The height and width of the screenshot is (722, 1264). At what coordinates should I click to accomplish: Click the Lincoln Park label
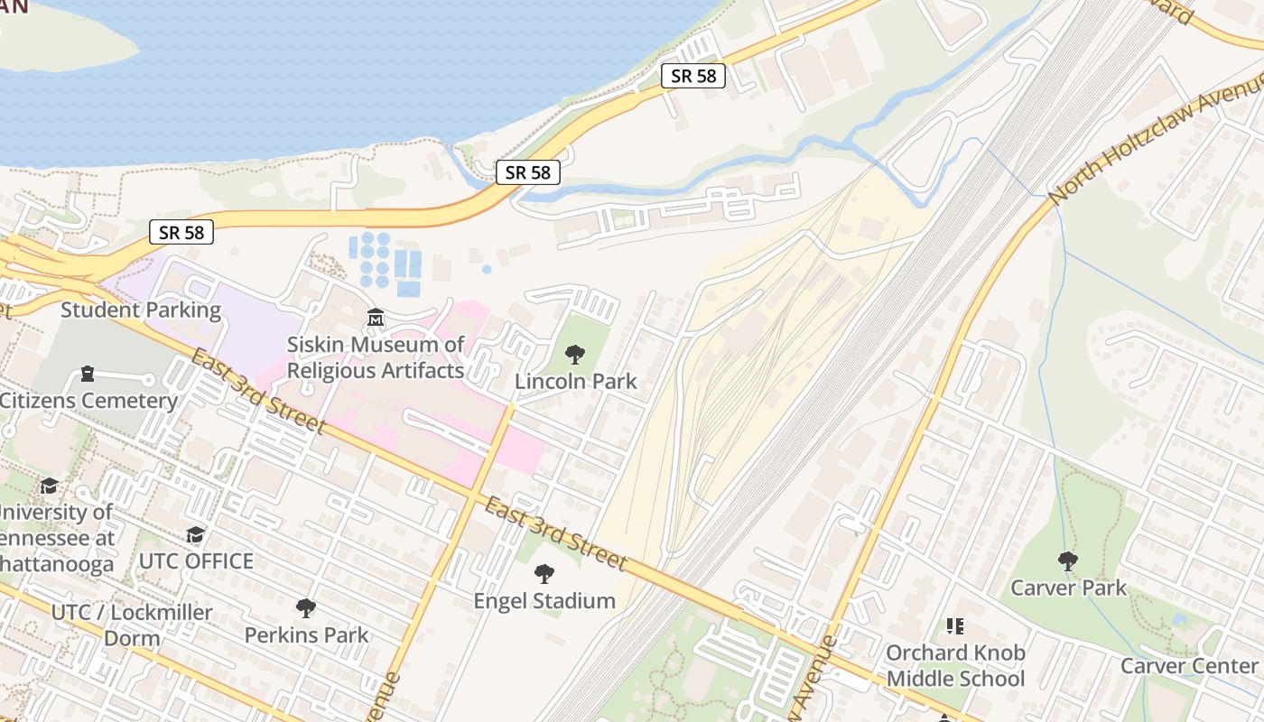pyautogui.click(x=575, y=382)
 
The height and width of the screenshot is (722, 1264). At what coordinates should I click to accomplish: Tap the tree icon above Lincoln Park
pyautogui.click(x=574, y=355)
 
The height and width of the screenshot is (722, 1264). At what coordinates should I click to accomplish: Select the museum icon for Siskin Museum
pyautogui.click(x=376, y=318)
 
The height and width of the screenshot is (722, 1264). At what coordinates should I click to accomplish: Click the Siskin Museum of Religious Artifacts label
pyautogui.click(x=376, y=357)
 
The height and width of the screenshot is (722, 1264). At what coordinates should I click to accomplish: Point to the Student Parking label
pyautogui.click(x=141, y=310)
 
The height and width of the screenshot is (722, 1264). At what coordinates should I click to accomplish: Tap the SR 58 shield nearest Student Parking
pyautogui.click(x=182, y=233)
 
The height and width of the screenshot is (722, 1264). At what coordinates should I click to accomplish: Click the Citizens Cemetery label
pyautogui.click(x=88, y=401)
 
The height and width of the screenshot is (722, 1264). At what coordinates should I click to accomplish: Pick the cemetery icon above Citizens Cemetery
pyautogui.click(x=88, y=373)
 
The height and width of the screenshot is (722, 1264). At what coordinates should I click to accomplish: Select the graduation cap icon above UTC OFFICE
pyautogui.click(x=195, y=535)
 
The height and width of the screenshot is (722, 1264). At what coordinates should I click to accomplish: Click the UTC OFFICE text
pyautogui.click(x=196, y=561)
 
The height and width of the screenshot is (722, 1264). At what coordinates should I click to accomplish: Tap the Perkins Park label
pyautogui.click(x=307, y=635)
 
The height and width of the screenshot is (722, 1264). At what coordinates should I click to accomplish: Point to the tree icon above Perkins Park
pyautogui.click(x=306, y=608)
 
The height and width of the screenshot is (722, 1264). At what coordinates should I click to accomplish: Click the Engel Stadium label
pyautogui.click(x=544, y=601)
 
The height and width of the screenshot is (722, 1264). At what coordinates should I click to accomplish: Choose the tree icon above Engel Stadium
pyautogui.click(x=544, y=574)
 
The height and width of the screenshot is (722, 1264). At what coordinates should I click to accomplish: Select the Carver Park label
pyautogui.click(x=1068, y=588)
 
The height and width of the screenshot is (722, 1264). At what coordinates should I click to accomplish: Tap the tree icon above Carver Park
pyautogui.click(x=1068, y=561)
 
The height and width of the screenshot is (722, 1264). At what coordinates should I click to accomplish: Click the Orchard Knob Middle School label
pyautogui.click(x=955, y=666)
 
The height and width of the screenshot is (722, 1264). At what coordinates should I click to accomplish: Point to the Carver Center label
pyautogui.click(x=1189, y=666)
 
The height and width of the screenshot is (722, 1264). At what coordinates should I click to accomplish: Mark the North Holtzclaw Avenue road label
pyautogui.click(x=1156, y=140)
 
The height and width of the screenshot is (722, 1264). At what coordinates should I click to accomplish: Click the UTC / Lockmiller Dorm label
pyautogui.click(x=132, y=625)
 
